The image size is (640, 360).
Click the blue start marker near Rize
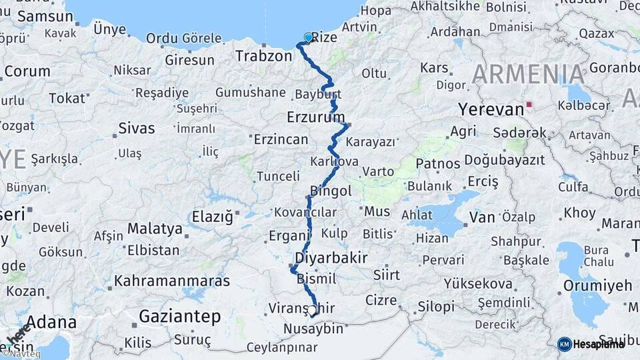[308, 37]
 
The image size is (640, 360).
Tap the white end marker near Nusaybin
[311, 310]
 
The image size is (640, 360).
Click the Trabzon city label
[263, 57]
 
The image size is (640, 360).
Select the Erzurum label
[313, 117]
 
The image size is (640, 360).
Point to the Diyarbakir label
[331, 257]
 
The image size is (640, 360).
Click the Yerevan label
[490, 109]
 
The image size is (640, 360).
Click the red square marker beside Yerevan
[529, 105]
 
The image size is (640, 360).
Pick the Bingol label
[331, 191]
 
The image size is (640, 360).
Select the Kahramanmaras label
[172, 281]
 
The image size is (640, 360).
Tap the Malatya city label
[155, 229]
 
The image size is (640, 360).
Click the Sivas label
[136, 128]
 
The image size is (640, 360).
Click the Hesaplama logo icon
[565, 344]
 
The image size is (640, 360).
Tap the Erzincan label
[281, 139]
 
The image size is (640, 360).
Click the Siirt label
[387, 275]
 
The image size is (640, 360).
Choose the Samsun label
[45, 17]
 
